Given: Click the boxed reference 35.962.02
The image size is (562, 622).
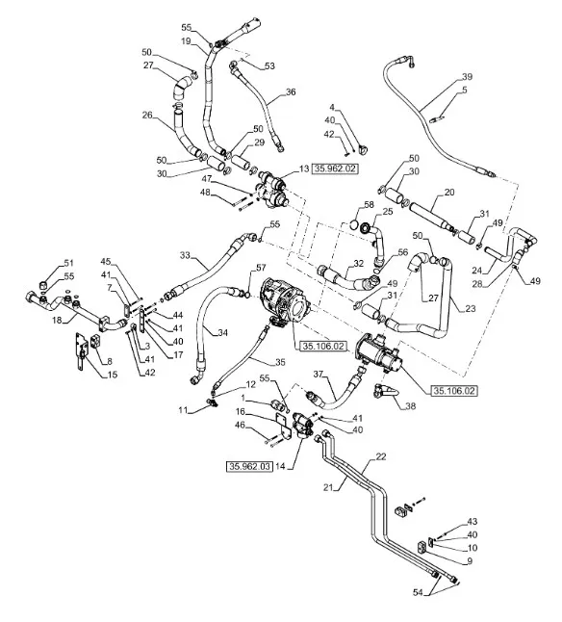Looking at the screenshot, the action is [335, 169].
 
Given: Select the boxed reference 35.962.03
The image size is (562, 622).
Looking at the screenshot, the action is [249, 466].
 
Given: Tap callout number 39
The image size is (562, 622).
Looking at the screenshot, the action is [467, 77].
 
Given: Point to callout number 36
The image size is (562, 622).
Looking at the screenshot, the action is [291, 92].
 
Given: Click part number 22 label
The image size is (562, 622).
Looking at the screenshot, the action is [381, 457].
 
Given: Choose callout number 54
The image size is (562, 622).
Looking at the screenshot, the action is [418, 593].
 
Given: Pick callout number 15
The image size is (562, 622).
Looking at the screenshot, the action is [113, 375].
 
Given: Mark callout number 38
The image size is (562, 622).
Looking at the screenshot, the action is [411, 405].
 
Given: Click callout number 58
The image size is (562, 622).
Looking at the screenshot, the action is [369, 205].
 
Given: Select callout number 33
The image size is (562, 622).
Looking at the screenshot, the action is [185, 255].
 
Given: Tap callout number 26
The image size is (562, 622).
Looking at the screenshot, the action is [147, 115].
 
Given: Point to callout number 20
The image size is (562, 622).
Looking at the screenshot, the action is [449, 193].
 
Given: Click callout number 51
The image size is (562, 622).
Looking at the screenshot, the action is [69, 263].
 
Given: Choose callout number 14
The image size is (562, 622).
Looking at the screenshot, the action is [280, 466].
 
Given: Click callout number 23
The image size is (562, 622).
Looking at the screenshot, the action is [471, 308].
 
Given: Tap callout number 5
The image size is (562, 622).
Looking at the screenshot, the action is [465, 91].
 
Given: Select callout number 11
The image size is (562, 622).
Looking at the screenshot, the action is [183, 410].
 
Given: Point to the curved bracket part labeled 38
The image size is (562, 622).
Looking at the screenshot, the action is [385, 391].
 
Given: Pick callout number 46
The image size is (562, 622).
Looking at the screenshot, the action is [241, 426].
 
